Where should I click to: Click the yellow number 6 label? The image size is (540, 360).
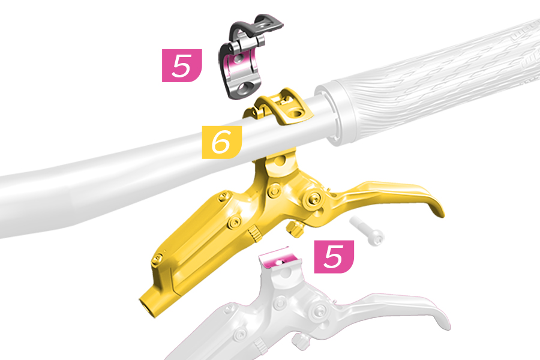coord(221,142)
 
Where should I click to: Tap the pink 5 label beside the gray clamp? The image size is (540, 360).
coord(182,65)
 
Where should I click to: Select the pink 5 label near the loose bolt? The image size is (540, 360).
coord(334,257)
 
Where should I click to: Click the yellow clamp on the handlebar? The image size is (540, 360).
coord(279,107)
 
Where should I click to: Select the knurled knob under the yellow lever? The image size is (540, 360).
coord(295,229)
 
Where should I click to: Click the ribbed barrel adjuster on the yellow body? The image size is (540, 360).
coord(255,233)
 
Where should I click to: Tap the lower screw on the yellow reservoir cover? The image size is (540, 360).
coord(157,259)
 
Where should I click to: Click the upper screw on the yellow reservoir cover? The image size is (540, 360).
coord(223,197)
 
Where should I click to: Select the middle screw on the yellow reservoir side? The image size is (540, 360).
coord(234,222)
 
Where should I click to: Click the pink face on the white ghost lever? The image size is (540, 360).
coord(280,259)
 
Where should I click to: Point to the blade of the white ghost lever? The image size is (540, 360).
coord(406,307)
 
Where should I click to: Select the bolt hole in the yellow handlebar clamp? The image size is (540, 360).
coord(296,113)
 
